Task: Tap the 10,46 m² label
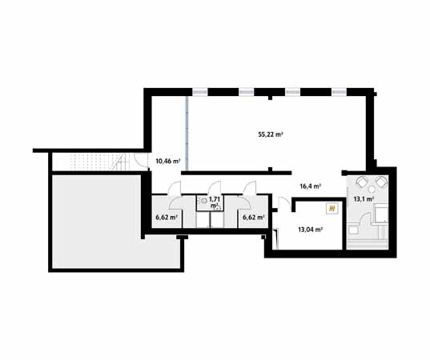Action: coord(167,161)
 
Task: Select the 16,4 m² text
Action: coord(310,186)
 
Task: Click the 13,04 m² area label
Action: coord(310,229)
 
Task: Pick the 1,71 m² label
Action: coord(214,202)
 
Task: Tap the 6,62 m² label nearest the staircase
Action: coord(166,216)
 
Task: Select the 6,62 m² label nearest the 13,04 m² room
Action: coord(253,216)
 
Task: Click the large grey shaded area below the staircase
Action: coord(112,220)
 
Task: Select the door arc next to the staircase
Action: coord(122,163)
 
